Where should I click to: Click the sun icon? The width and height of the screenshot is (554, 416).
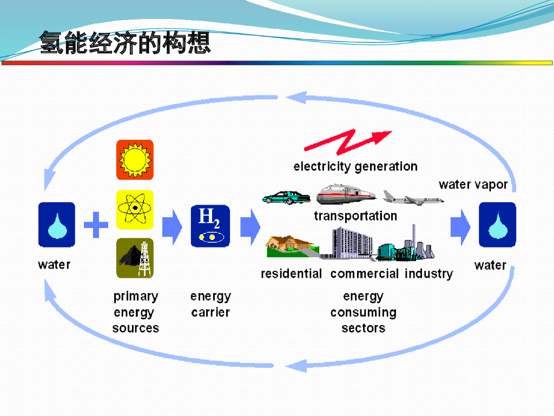[135, 159]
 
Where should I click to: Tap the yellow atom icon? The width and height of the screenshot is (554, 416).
[135, 208]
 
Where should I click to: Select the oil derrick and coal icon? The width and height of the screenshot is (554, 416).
[135, 258]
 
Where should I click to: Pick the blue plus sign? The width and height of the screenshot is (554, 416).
[96, 225]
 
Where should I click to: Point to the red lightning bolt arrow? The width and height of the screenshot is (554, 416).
[348, 141]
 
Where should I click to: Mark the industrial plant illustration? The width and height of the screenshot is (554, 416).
[407, 247]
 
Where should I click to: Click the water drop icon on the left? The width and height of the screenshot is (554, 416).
[56, 225]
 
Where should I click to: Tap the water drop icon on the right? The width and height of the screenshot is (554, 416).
[497, 225]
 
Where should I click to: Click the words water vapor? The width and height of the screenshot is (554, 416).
[473, 185]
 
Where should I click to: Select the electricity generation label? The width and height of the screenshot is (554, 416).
[355, 166]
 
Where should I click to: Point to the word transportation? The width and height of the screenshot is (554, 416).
[355, 216]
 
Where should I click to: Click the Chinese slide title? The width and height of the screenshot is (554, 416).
[125, 43]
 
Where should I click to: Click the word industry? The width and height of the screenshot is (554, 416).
[428, 274]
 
